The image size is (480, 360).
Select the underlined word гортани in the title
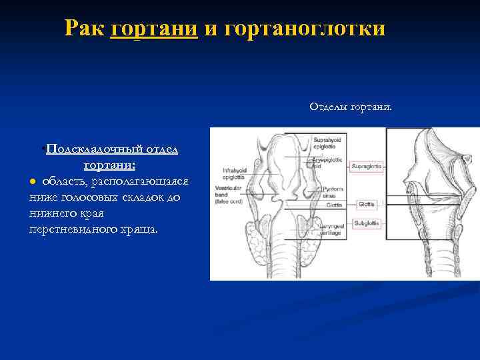[155, 28]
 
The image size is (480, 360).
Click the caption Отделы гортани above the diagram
[351, 107]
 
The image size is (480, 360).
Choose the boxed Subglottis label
[367, 223]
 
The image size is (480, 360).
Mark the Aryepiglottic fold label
[325, 160]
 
